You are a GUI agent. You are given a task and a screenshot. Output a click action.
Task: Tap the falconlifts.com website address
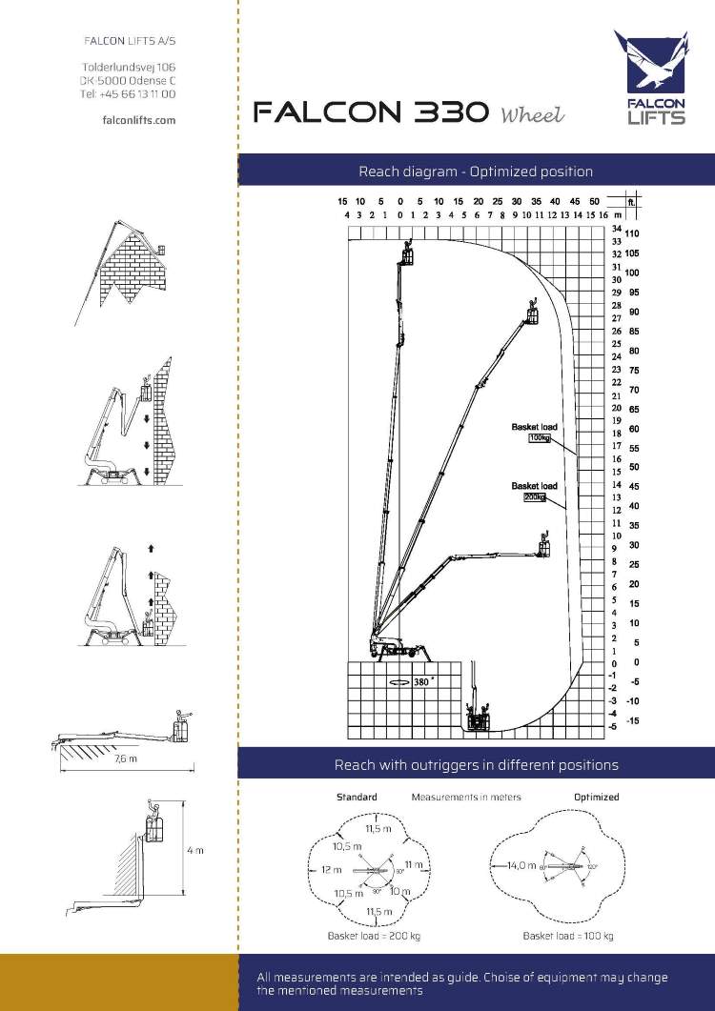pos(138,120)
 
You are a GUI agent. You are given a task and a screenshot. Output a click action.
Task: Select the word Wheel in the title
pos(532,115)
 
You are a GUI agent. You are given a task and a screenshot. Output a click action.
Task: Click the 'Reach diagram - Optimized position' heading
pos(476,172)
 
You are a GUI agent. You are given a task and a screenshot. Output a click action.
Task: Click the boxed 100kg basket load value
pos(540,438)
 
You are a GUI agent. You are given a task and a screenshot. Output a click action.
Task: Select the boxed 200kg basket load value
pos(534,497)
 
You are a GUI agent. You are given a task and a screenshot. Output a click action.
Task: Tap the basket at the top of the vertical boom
pos(409,256)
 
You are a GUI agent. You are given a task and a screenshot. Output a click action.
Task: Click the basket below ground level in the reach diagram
pos(475,716)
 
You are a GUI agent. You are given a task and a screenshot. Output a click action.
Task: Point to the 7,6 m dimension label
pos(126,759)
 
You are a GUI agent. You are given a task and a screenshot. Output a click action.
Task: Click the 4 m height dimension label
pos(194,850)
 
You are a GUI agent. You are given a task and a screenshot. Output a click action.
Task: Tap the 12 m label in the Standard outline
pos(331,869)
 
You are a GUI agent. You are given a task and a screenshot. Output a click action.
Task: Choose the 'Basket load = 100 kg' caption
pos(568,936)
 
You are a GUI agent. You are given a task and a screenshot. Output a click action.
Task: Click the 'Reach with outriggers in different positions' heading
pos(476,764)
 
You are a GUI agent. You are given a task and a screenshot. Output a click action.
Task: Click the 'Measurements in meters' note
pos(466,797)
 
